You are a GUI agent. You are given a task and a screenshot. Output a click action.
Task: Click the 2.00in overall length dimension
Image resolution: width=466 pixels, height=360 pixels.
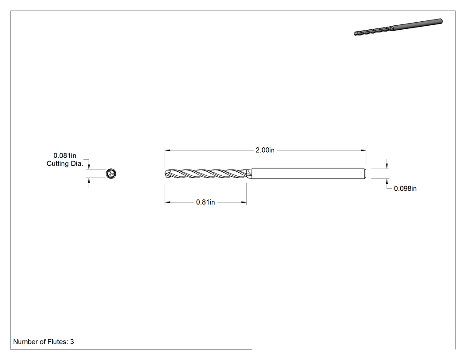click(x=265, y=150)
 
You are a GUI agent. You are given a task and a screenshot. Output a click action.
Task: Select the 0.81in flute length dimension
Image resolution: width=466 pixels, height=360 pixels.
click(x=205, y=202)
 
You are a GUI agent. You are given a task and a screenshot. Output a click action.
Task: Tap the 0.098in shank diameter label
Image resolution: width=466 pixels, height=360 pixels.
click(x=405, y=189)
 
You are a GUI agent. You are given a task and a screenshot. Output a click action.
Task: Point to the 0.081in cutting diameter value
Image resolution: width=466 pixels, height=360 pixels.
click(x=65, y=155)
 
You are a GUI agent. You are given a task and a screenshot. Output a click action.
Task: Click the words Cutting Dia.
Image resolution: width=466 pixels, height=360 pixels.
click(x=65, y=163)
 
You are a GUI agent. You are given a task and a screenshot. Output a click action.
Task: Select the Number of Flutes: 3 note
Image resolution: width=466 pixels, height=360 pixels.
click(x=43, y=342)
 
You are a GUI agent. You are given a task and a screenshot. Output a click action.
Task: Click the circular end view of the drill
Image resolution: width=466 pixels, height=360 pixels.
click(x=111, y=174)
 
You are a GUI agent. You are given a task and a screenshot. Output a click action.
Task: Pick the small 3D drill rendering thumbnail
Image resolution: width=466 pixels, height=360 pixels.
click(x=398, y=27)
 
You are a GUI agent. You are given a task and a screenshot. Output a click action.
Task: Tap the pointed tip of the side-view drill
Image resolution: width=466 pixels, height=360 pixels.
click(x=165, y=174)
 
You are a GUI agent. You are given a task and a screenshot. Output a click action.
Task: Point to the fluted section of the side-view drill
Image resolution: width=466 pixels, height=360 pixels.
click(x=206, y=174)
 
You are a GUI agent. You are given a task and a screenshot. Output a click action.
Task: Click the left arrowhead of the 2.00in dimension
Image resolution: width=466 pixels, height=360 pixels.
click(x=167, y=150)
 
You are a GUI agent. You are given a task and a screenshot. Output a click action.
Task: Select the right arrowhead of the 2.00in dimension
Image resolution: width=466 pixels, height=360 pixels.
click(x=363, y=150)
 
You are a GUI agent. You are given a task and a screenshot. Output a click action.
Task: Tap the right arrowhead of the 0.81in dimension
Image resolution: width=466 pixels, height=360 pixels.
click(x=244, y=202)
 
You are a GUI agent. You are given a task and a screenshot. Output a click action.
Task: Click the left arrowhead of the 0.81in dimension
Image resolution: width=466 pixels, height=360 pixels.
click(x=167, y=202)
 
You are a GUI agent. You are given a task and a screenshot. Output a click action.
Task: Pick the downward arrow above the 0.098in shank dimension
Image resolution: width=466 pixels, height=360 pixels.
click(x=387, y=166)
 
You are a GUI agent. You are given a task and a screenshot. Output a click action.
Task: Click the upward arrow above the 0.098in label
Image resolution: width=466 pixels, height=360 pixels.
click(x=387, y=182)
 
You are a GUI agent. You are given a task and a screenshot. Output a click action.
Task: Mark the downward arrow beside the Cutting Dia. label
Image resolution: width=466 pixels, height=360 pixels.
click(x=89, y=167)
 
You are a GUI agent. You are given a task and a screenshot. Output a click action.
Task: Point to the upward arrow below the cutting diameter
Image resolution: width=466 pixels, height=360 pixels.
click(x=89, y=181)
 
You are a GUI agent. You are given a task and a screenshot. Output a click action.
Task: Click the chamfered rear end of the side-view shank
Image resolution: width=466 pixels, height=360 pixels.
click(x=365, y=174)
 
